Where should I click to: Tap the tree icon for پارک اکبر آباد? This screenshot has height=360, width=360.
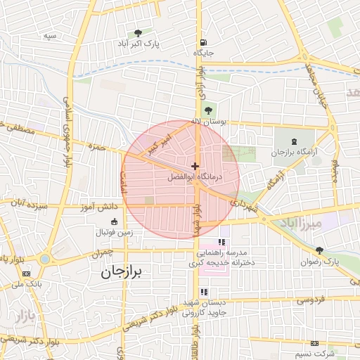[x=138, y=33]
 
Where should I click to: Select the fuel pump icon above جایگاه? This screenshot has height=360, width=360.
[x=203, y=41]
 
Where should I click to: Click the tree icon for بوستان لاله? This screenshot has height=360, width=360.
[x=207, y=110]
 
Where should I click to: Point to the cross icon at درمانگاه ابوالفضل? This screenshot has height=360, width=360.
[x=195, y=166]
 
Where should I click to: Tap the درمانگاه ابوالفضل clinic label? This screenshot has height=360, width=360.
[x=195, y=177]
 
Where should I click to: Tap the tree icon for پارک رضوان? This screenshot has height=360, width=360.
[x=319, y=250]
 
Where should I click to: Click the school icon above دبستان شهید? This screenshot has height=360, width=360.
[x=204, y=292]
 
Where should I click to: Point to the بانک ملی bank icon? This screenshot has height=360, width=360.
[x=15, y=276]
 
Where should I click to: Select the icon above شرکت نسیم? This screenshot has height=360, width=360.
[x=314, y=343]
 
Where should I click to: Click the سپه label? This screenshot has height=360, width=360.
[x=49, y=35]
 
